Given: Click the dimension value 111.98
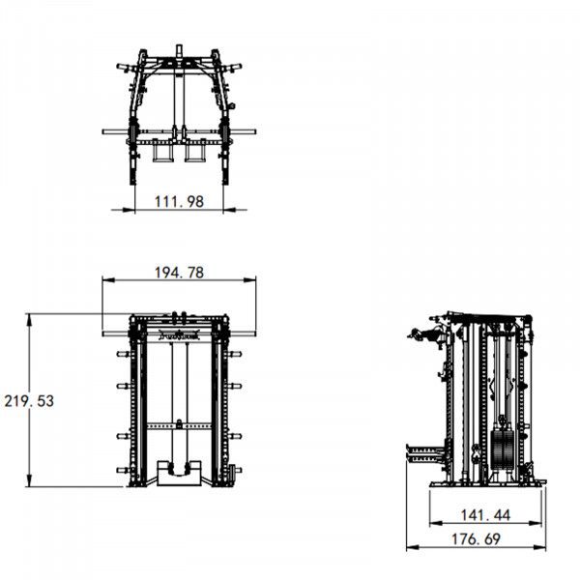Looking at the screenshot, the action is coord(179,202).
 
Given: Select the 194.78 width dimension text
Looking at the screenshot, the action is coord(179,273).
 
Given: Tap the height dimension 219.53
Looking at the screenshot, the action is coord(29,401).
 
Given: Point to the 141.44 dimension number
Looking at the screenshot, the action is coord(485,515).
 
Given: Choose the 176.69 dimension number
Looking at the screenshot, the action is coord(476,539).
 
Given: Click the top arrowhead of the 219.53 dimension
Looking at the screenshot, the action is coord(30,320).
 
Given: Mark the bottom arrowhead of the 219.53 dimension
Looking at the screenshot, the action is coord(30,480).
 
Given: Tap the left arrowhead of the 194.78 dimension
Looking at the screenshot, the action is coord(108,280).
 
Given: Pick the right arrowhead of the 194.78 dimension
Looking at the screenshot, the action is coord(249,280).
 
